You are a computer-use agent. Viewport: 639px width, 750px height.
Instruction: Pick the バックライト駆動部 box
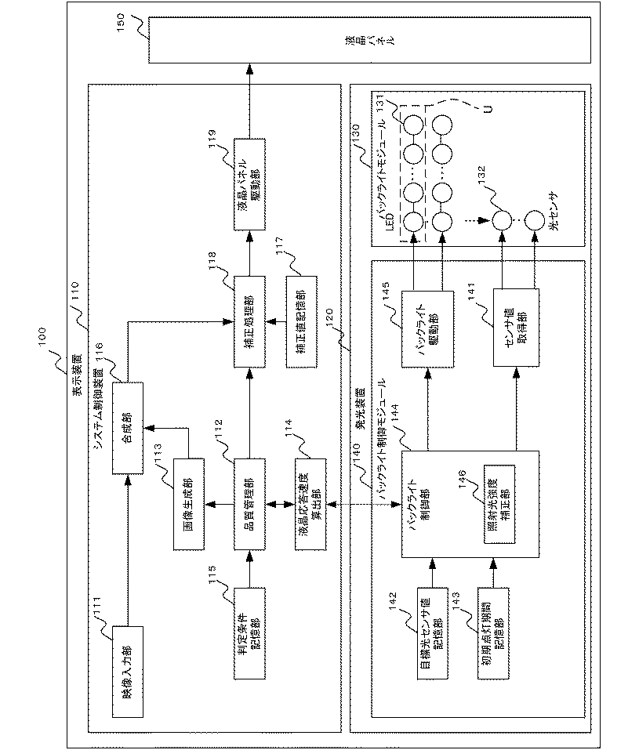426,328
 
